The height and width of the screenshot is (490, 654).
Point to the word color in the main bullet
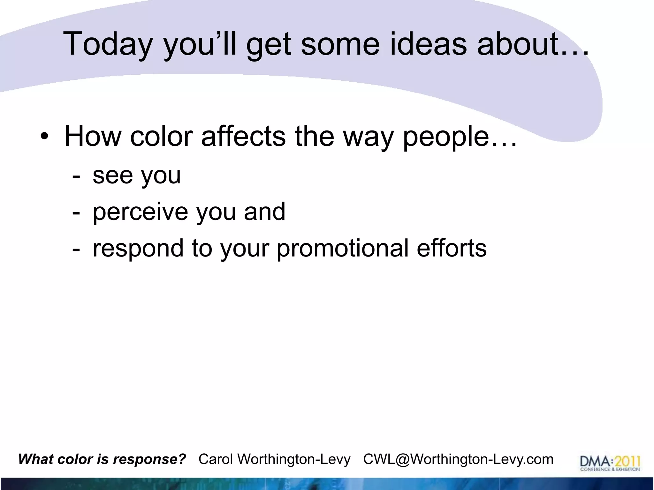[161, 137]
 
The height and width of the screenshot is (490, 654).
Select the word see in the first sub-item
[112, 175]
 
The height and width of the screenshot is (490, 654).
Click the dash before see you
[76, 176]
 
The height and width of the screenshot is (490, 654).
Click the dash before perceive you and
[76, 212]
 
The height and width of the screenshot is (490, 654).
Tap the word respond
[138, 249]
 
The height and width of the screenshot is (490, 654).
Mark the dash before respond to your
[76, 249]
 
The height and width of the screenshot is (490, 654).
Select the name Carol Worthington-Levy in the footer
[274, 459]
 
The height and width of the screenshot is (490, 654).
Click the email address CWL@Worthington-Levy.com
[458, 459]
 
